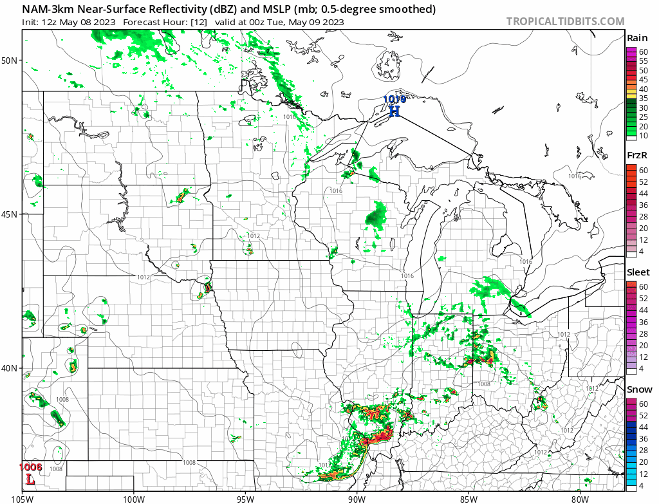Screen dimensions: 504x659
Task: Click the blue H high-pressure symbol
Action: (394, 111)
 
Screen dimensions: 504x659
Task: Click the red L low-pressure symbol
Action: (30, 479)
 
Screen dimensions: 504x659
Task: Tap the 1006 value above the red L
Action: (30, 467)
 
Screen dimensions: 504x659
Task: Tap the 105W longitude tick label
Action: (23, 498)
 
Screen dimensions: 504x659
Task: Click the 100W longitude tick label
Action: (134, 498)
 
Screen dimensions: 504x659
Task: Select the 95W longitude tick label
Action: (245, 498)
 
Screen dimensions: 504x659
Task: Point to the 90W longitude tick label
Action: (357, 498)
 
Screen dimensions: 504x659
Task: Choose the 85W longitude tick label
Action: (469, 498)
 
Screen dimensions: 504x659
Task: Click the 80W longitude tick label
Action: (580, 498)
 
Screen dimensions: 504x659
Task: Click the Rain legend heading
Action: (637, 39)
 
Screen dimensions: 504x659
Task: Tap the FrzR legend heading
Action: (637, 156)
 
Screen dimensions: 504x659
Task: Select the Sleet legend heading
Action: (638, 272)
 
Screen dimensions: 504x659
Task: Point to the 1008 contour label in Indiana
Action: (484, 384)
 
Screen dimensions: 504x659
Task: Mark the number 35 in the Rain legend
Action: (643, 98)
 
